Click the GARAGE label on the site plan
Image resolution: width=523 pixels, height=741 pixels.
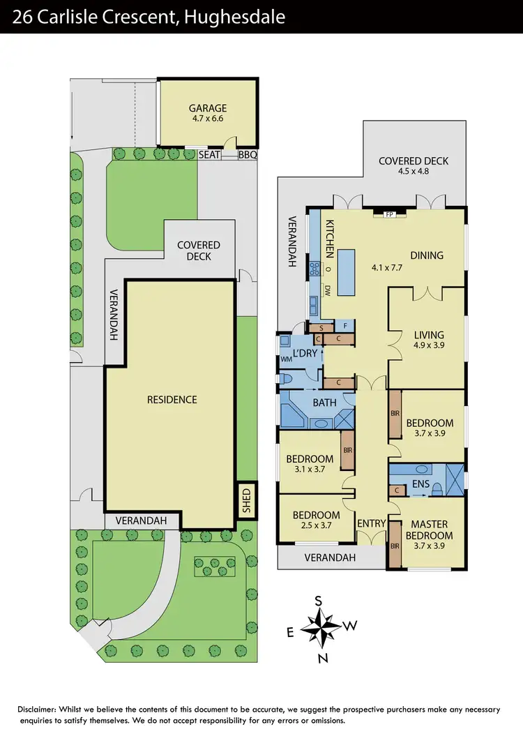tap(208, 108)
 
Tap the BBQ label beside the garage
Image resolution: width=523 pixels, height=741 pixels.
tap(248, 155)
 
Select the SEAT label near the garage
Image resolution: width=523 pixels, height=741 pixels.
tap(210, 155)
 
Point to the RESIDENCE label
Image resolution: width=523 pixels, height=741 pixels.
tap(172, 400)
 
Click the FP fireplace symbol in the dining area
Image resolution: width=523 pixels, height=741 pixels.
tap(391, 214)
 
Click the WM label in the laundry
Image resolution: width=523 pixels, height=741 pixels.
tap(286, 359)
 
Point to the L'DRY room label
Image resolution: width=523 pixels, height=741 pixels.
tap(305, 354)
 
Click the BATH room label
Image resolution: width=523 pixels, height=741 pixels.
tap(324, 403)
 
